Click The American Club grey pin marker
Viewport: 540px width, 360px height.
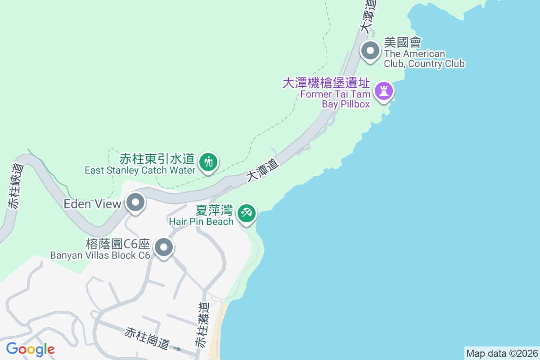click(x=370, y=51)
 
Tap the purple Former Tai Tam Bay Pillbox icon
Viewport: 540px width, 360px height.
click(x=383, y=91)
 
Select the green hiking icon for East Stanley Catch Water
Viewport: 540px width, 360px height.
click(x=208, y=162)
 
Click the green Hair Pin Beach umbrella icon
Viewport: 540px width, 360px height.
click(x=246, y=212)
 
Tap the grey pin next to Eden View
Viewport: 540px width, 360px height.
click(x=135, y=203)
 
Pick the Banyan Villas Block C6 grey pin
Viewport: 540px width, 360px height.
click(x=164, y=247)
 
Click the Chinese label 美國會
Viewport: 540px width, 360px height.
click(x=402, y=43)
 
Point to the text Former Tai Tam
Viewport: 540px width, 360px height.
click(x=335, y=94)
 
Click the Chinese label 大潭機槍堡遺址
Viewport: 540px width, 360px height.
click(x=326, y=83)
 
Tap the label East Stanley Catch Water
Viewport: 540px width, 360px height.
click(x=140, y=170)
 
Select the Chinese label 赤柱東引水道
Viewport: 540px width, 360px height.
click(x=157, y=159)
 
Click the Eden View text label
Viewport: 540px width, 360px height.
click(x=92, y=204)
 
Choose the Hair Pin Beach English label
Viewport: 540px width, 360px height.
click(x=201, y=221)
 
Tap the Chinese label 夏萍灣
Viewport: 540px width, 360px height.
click(x=214, y=210)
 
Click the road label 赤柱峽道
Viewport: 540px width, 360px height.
click(x=15, y=186)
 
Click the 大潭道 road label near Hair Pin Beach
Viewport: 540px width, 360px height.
click(x=262, y=170)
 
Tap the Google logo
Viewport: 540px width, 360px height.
click(x=30, y=349)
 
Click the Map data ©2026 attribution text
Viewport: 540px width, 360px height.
click(x=501, y=353)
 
